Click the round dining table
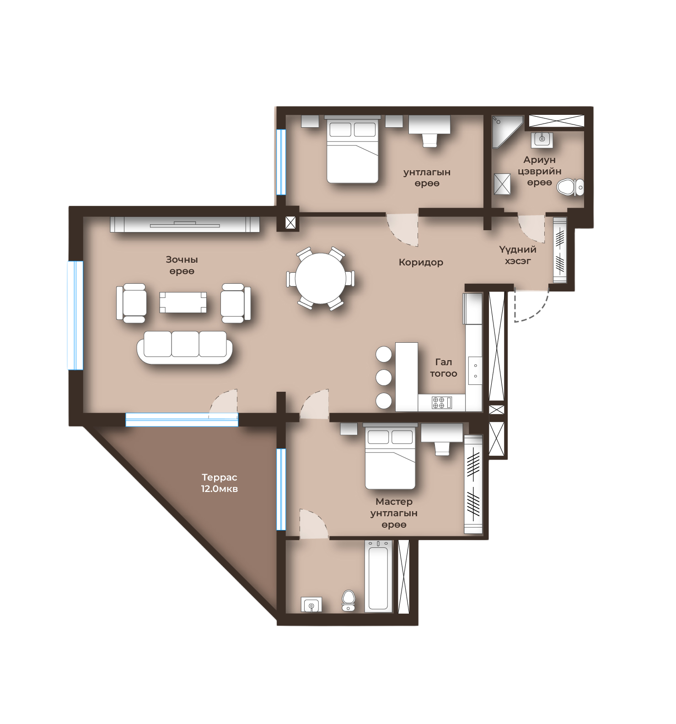pos(321,279)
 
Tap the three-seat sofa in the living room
pos(185,347)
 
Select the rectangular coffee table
pos(183,302)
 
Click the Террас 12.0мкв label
pos(220,483)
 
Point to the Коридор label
pos(421,262)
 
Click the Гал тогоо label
pos(443,368)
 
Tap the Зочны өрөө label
pos(182,265)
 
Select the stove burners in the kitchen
pos(439,402)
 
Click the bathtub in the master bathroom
pos(378,576)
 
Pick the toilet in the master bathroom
pos(349,600)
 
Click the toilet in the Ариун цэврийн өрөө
pos(572,187)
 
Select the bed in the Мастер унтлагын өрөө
pos(390,457)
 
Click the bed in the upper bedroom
pos(353,150)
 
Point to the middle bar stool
pos(384,378)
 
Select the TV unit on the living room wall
pos(185,224)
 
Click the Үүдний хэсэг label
pos(518,255)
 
